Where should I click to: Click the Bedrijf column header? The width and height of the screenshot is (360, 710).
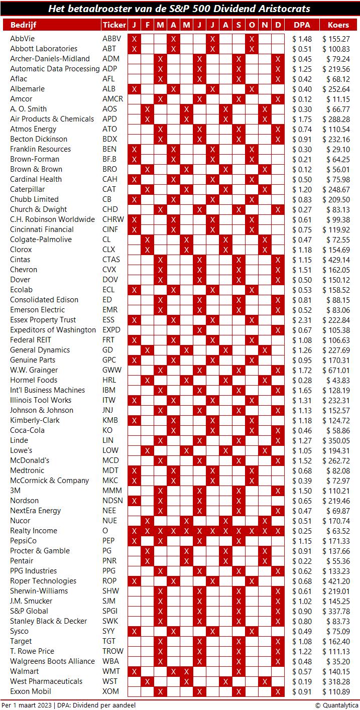23,25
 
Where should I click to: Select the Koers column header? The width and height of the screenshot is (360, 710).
338,25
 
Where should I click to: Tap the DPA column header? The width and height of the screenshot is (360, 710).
301,25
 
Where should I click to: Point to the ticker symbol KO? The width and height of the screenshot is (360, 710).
107,430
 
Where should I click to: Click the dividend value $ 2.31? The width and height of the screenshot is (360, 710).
302,320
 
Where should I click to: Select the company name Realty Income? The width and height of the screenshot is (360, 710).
34,531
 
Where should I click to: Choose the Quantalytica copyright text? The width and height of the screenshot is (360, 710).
336,705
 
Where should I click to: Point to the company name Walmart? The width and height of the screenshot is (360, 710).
24,671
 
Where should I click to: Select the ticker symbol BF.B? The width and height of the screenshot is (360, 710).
110,159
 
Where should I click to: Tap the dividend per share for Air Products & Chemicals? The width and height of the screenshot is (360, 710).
302,119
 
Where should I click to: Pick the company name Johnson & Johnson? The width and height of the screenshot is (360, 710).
42,410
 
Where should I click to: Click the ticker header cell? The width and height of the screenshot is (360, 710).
114,25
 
